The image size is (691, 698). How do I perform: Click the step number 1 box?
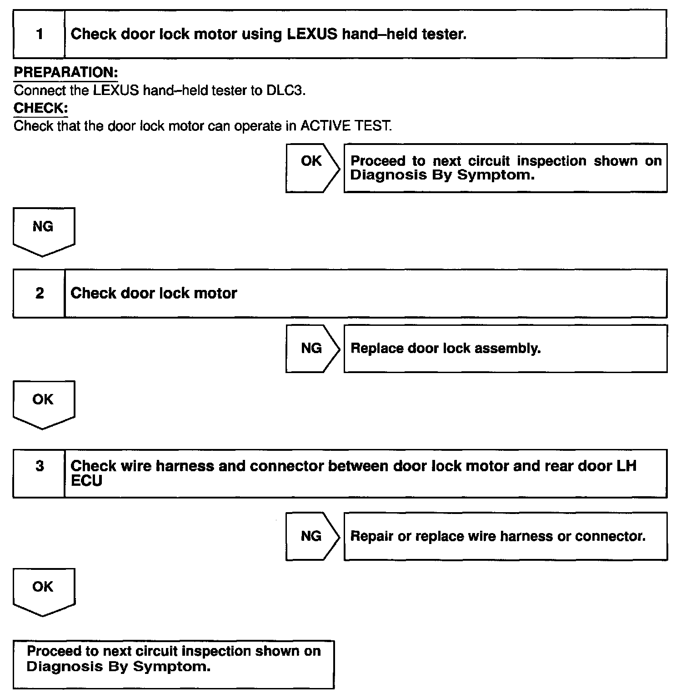tap(39, 35)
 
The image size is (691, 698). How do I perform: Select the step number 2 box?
tap(39, 293)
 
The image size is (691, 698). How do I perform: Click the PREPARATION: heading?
tap(66, 72)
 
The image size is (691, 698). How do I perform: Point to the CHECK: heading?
tap(41, 108)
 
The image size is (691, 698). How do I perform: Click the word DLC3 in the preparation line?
tap(285, 90)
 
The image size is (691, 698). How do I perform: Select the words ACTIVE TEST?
tap(345, 126)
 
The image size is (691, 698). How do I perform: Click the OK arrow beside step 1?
tap(312, 168)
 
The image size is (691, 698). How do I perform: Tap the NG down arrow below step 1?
tap(43, 229)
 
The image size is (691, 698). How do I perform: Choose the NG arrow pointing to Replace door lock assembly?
tap(312, 349)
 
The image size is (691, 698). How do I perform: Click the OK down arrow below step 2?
tap(43, 402)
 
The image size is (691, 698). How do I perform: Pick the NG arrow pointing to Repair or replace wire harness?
tap(312, 536)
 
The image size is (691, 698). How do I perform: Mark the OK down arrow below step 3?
tap(43, 590)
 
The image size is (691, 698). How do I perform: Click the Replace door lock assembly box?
tap(505, 349)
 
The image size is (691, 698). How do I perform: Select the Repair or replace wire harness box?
tap(505, 536)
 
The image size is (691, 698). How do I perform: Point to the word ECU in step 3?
tap(86, 481)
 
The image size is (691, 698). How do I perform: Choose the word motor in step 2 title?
tap(215, 293)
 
